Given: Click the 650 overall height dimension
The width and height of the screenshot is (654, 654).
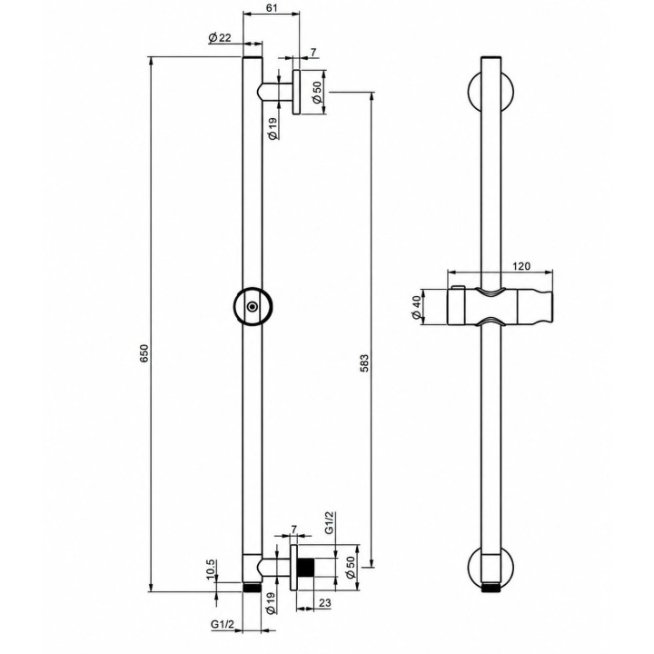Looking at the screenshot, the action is click(144, 352).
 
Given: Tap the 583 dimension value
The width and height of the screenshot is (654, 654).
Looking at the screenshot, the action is click(364, 363).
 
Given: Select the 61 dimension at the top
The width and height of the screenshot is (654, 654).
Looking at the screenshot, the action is click(272, 7).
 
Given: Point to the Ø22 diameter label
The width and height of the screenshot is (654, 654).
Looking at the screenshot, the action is click(220, 38).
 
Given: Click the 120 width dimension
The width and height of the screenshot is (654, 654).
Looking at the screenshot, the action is click(521, 265).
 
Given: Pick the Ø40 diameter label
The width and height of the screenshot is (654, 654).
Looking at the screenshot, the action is click(416, 308).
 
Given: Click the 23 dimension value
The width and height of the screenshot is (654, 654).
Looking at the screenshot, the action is click(325, 603).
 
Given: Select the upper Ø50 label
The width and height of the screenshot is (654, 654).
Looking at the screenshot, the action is click(317, 92).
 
